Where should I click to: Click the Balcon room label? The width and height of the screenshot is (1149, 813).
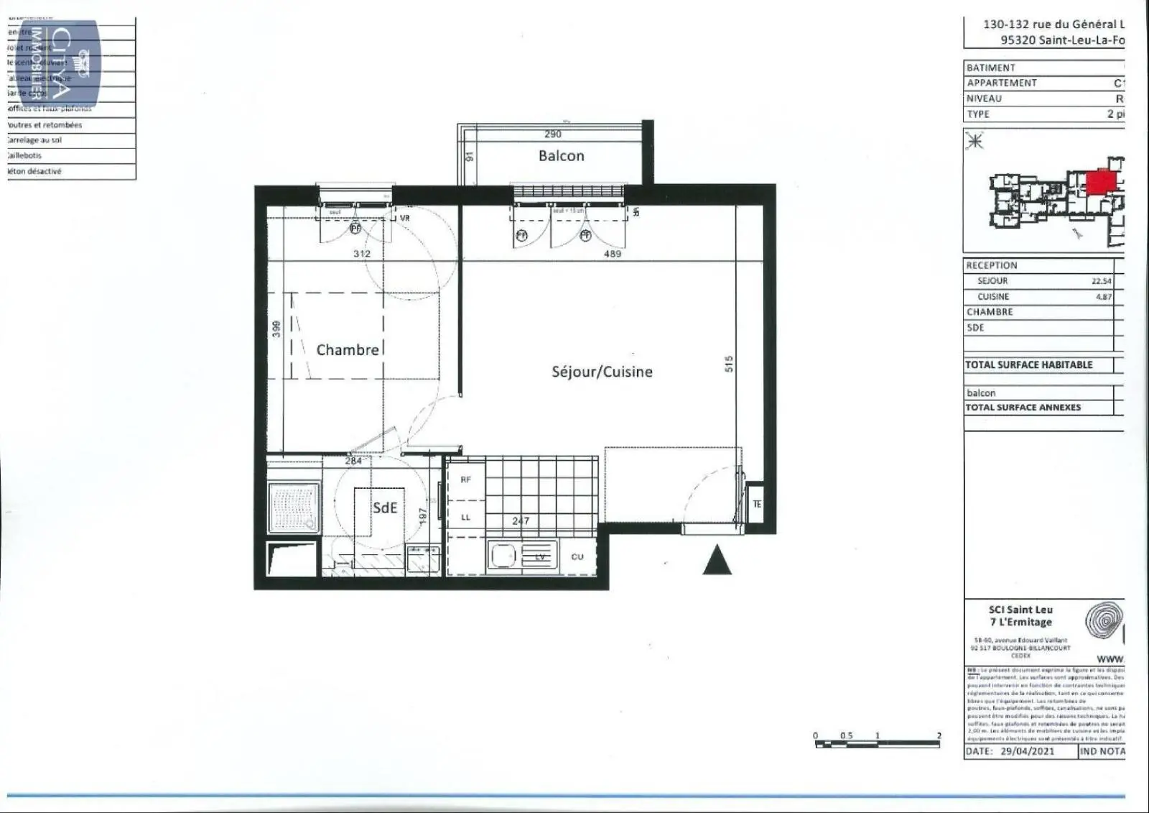point(561,156)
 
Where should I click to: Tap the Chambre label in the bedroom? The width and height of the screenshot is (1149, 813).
point(348,350)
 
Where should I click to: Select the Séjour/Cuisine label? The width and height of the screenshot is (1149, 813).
point(602,372)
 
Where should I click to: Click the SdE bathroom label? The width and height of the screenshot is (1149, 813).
point(384,507)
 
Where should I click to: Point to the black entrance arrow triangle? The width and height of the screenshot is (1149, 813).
point(716,560)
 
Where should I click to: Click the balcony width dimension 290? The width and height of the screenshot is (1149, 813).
point(552,134)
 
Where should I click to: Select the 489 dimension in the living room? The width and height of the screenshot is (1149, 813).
point(612,254)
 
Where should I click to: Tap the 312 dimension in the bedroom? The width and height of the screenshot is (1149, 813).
point(362,254)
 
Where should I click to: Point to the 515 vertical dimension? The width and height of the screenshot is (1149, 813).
point(728,363)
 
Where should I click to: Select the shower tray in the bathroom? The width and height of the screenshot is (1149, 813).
point(293,508)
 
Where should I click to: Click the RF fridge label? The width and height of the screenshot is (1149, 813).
point(465,479)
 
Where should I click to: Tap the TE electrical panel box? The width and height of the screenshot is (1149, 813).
point(757,505)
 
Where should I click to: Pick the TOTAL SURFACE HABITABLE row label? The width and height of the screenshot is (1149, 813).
point(1028,365)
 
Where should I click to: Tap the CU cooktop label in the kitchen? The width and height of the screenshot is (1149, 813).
point(577,557)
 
